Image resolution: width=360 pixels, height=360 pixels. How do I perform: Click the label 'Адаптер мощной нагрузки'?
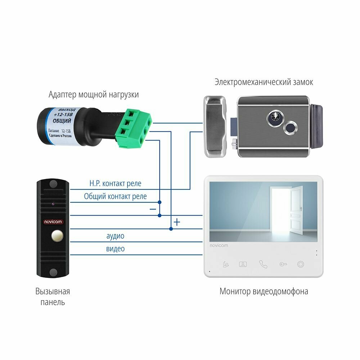click(94, 95)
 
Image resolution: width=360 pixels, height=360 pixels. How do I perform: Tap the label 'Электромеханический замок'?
click(264, 82)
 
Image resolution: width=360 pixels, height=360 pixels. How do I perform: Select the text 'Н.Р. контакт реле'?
click(115, 184)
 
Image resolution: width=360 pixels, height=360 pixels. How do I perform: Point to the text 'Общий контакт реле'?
click(115, 197)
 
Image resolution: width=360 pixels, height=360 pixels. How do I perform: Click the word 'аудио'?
click(115, 236)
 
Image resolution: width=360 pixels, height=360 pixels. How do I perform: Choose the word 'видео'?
click(115, 249)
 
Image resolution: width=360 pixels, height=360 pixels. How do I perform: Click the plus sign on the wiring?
click(177, 222)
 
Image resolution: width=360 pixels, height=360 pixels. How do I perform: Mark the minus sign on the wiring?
click(153, 209)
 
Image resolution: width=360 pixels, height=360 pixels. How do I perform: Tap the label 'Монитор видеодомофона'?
click(264, 291)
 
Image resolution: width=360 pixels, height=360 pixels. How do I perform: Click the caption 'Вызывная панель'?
click(53, 296)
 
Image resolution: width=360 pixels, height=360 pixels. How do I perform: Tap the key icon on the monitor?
click(283, 265)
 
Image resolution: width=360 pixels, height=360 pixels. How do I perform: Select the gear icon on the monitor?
click(300, 265)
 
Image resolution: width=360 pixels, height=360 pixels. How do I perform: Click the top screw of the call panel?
click(53, 184)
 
